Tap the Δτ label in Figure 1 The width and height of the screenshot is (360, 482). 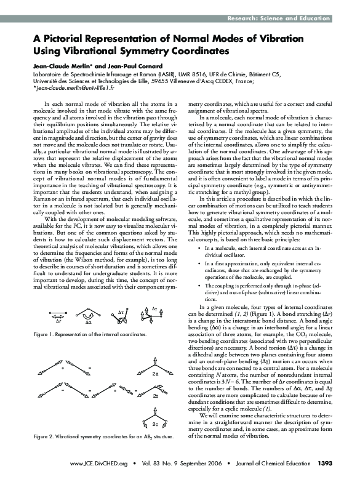(x=121, y=313)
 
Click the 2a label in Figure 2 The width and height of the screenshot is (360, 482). (x=156, y=374)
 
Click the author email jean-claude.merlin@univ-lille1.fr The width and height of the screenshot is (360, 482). (x=73, y=89)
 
